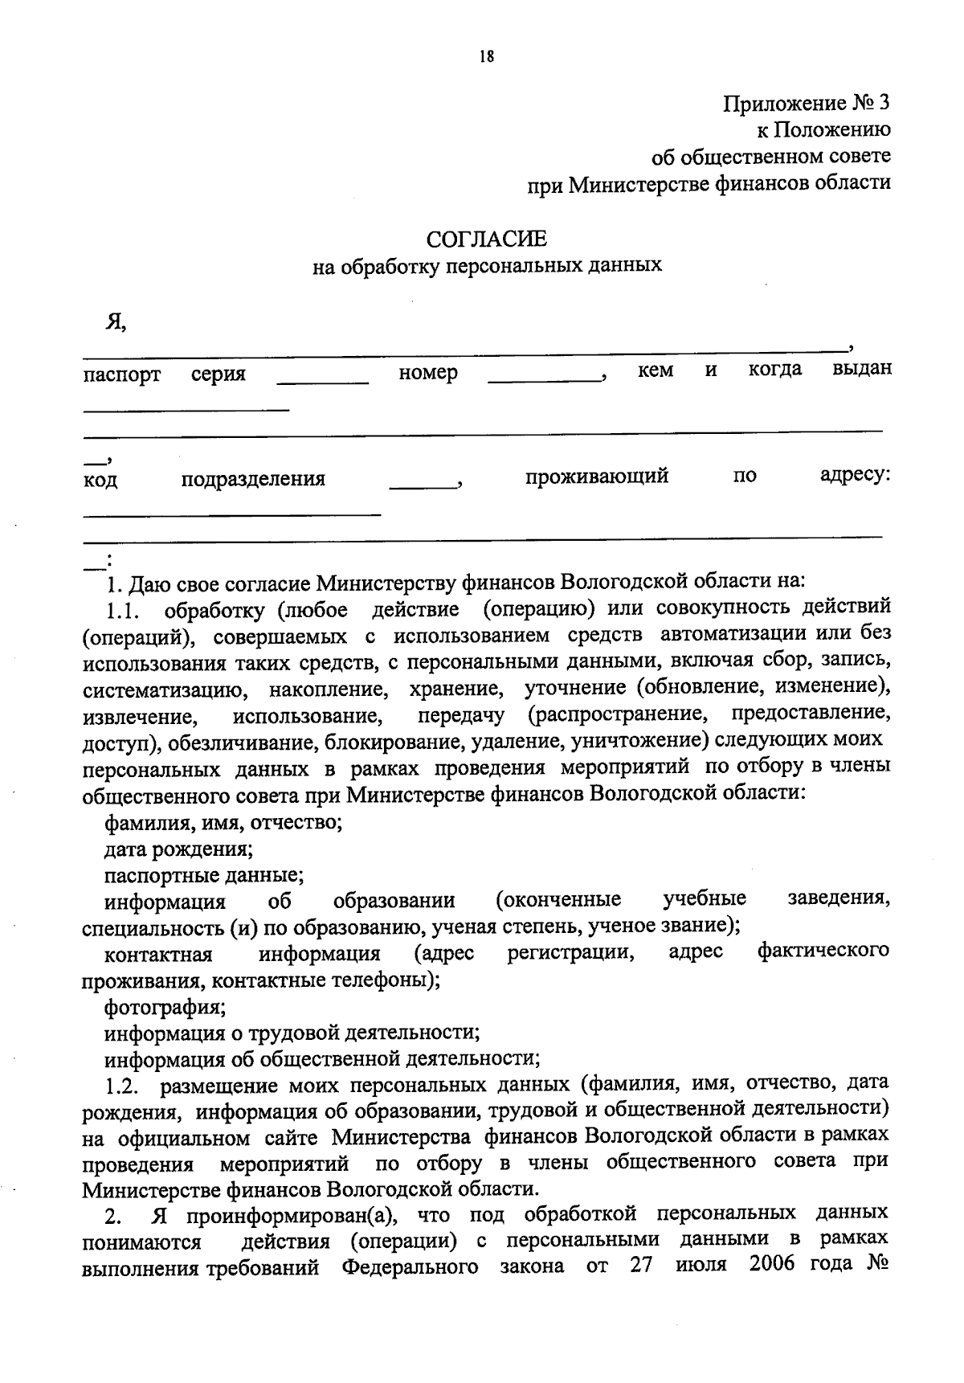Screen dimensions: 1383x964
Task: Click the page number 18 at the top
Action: [485, 56]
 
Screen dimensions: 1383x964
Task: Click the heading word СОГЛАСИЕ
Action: [487, 239]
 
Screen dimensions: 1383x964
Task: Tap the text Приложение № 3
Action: [807, 104]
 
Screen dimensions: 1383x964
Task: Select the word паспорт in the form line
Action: [122, 374]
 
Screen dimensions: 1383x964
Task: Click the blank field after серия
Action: [322, 378]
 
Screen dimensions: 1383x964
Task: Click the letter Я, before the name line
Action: [116, 322]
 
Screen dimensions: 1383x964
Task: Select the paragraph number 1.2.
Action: [123, 1089]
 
